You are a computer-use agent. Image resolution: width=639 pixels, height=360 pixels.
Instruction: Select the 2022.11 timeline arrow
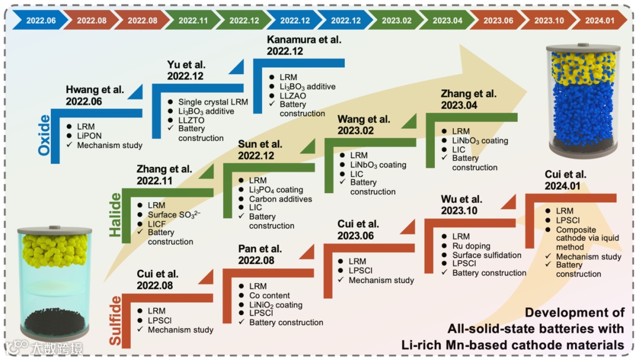pyautogui.click(x=193, y=20)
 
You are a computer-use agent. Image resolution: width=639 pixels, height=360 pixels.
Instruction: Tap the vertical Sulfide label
pyautogui.click(x=115, y=320)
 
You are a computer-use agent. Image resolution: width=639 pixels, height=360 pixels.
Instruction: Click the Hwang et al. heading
pyautogui.click(x=95, y=90)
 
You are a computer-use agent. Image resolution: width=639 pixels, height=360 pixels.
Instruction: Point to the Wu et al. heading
pyautogui.click(x=461, y=199)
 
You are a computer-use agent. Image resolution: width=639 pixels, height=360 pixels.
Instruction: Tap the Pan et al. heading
pyautogui.click(x=260, y=249)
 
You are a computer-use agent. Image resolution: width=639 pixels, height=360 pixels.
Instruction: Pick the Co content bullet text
pyautogui.click(x=269, y=295)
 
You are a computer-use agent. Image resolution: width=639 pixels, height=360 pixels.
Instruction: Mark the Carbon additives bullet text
pyautogui.click(x=280, y=199)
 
